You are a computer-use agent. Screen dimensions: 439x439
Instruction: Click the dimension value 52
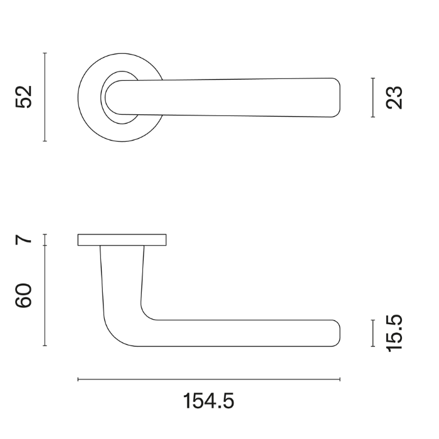[24, 97]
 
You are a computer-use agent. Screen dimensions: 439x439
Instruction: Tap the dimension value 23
[394, 98]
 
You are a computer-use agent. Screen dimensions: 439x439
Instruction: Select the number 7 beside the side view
[24, 239]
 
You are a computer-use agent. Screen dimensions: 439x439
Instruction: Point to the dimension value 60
[24, 295]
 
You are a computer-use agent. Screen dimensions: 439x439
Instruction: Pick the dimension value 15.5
[394, 333]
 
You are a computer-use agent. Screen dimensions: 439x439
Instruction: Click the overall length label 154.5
[209, 400]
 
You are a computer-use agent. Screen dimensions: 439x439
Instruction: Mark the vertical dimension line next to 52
[45, 97]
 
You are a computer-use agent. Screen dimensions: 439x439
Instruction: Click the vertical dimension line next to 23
[373, 98]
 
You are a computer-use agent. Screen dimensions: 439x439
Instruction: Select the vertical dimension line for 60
[45, 295]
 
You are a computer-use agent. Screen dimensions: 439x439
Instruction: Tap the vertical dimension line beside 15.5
[373, 332]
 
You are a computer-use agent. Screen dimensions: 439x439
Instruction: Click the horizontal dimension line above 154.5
[209, 379]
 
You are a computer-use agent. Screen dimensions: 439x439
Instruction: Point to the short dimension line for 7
[45, 240]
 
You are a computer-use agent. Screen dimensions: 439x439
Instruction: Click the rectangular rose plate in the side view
[122, 240]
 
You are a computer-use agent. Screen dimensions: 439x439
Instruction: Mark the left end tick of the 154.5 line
[78, 379]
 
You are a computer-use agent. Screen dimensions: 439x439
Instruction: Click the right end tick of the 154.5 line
[340, 379]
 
